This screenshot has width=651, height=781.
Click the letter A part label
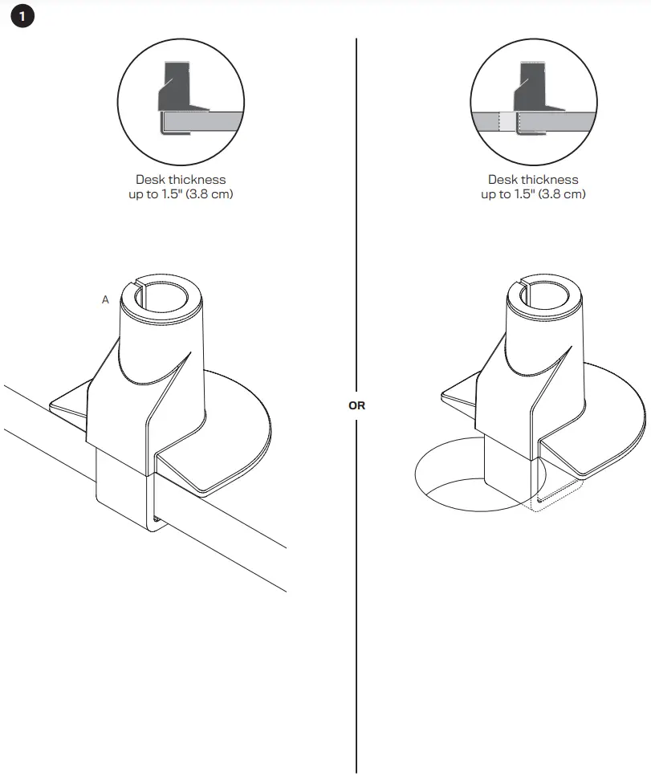tap(105, 300)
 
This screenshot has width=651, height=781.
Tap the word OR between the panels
tap(356, 405)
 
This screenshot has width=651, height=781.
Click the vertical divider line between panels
tap(356, 241)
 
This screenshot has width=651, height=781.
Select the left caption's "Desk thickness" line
tap(181, 180)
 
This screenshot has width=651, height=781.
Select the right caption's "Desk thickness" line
tap(533, 180)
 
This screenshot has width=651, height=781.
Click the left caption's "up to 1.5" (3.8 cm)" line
tap(181, 194)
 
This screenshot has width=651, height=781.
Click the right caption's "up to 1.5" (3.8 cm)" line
tap(533, 194)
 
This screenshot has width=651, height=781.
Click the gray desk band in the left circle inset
tap(209, 121)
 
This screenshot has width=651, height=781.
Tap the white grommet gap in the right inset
tap(507, 121)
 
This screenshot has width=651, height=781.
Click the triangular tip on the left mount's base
tap(64, 404)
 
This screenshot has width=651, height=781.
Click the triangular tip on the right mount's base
tap(455, 395)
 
